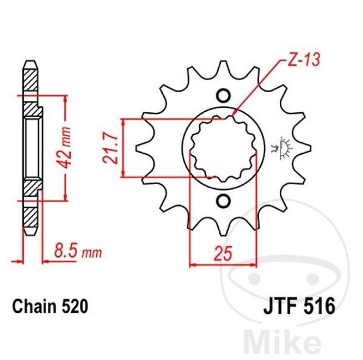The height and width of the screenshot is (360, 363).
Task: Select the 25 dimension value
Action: point(223,253)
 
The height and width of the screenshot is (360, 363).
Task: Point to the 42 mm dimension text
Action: point(64,148)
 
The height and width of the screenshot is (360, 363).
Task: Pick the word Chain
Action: point(34,307)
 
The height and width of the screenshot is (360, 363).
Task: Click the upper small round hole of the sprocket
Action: point(223,96)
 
